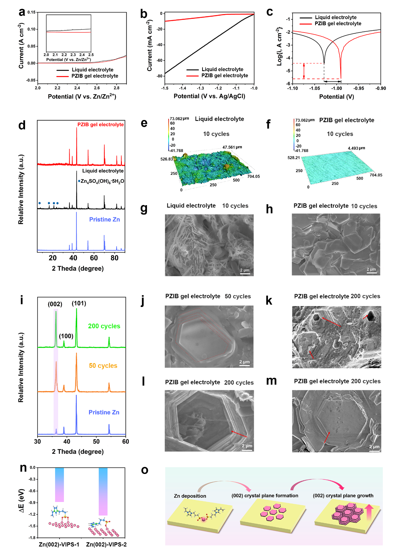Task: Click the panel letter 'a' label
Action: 22,13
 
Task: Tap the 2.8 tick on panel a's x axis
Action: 116,88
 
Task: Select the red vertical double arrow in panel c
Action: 304,71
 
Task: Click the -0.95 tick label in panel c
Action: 359,88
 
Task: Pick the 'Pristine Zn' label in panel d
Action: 104,220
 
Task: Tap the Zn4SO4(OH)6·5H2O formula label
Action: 102,181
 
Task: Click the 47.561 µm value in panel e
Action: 232,147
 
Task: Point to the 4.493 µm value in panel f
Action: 356,148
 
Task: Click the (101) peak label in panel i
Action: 79,303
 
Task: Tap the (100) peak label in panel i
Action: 66,336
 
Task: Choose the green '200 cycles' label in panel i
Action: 104,326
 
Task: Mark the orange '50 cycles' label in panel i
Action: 103,366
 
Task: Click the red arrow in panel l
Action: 239,434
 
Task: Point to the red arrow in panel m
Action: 327,438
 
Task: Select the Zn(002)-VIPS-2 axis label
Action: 106,544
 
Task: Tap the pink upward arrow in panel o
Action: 369,512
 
